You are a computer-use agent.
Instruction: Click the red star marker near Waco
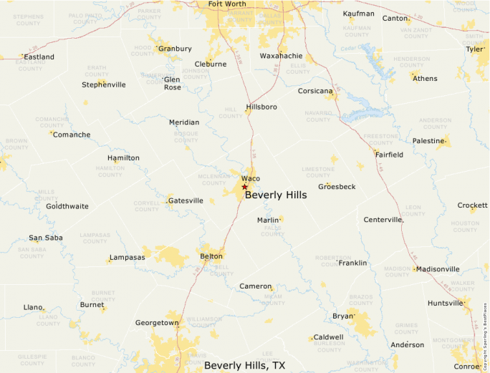coord(244,187)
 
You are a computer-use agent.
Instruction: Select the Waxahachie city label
coord(281,56)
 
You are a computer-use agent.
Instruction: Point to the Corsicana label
coord(315,92)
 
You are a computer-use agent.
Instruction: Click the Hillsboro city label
coord(261,107)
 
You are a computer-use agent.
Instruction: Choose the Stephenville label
coord(104,84)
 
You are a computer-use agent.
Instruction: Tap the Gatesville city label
coord(186,201)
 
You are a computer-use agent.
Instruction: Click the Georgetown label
coord(157,323)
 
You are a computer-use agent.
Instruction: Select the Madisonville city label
coord(438,269)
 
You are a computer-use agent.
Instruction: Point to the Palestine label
coord(428,141)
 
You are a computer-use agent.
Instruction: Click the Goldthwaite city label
coord(67,206)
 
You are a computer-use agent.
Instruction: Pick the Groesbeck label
coord(337,187)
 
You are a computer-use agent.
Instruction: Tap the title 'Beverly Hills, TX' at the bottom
coord(244,366)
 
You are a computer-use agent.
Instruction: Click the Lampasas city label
coord(128,258)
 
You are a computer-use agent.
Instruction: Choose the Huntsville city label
coord(445,304)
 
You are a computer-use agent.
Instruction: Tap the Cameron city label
coord(256,286)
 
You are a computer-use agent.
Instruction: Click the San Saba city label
coord(46,238)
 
